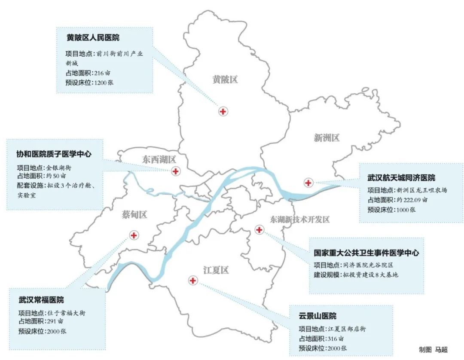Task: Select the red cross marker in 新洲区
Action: tap(308, 183)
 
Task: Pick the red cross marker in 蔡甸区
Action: tap(134, 235)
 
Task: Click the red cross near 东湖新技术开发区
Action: tap(259, 230)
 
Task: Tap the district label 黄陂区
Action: tap(225, 79)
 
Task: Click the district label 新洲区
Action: tap(327, 138)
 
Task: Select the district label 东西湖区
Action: tap(159, 160)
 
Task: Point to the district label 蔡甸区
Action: tap(134, 214)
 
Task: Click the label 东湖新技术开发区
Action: tap(300, 220)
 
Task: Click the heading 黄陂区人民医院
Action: tap(93, 38)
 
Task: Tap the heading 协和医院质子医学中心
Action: tap(54, 154)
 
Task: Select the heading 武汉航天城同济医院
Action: tap(401, 177)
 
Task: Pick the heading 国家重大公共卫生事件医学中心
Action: tap(366, 253)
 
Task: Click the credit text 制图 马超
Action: tap(433, 349)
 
